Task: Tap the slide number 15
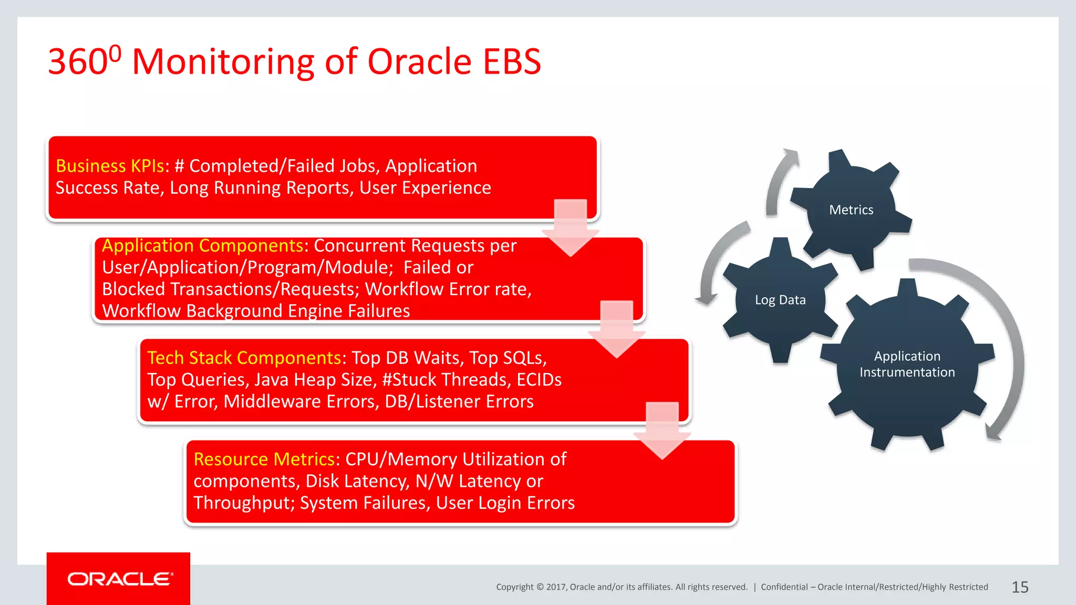[1020, 587]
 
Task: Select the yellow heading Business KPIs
[110, 166]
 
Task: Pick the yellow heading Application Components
[202, 246]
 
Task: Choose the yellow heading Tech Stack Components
[244, 358]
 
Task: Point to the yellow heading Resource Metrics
[264, 459]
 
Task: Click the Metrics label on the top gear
[851, 210]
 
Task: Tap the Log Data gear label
[780, 300]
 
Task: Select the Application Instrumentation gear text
[907, 364]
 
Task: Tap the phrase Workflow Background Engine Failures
[256, 311]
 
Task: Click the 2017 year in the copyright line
[555, 587]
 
